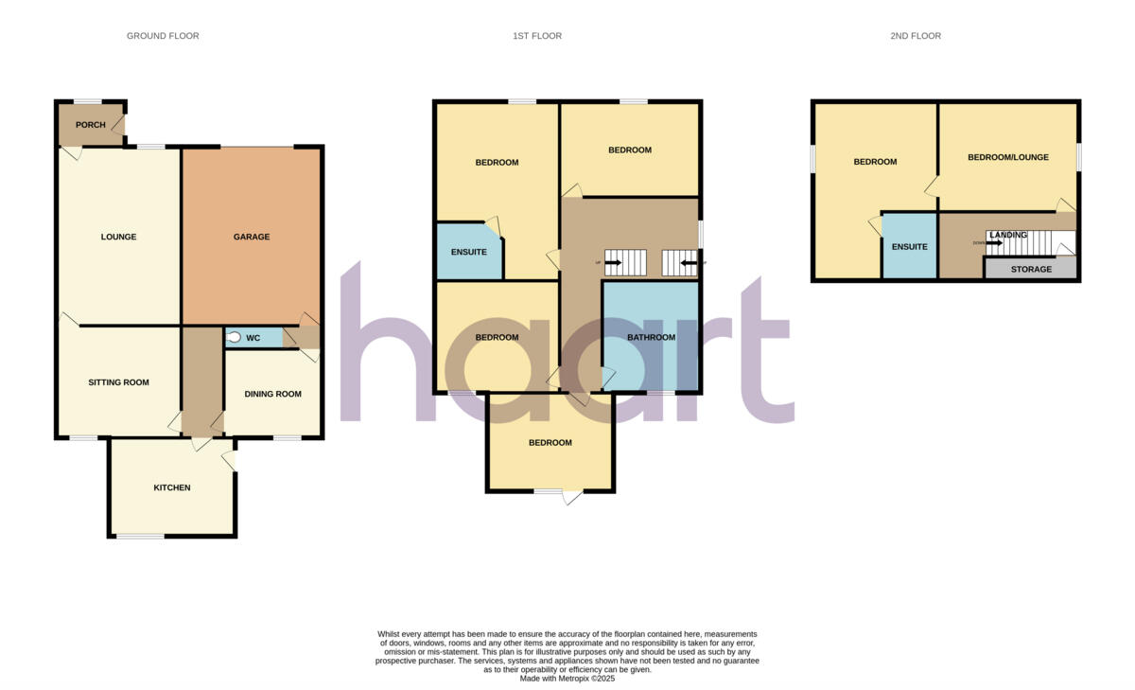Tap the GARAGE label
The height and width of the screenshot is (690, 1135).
pyautogui.click(x=252, y=237)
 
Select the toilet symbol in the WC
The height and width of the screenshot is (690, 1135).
pyautogui.click(x=234, y=337)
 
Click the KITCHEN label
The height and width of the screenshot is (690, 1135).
pyautogui.click(x=172, y=488)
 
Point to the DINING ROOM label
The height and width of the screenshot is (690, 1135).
pyautogui.click(x=272, y=394)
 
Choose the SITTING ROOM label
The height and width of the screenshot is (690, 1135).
pyautogui.click(x=119, y=382)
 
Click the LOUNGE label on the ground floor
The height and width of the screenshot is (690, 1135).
pyautogui.click(x=119, y=237)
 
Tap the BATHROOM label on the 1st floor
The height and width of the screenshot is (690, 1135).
pyautogui.click(x=652, y=338)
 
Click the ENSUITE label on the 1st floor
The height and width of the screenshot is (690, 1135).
pyautogui.click(x=468, y=252)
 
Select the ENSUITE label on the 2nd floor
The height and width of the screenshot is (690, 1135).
pyautogui.click(x=909, y=246)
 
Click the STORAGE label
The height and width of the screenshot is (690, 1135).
pyautogui.click(x=1031, y=270)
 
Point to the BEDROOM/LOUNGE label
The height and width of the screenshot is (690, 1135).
pyautogui.click(x=1008, y=157)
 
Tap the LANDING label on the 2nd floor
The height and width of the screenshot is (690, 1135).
pyautogui.click(x=1008, y=235)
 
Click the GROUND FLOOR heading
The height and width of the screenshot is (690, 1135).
pyautogui.click(x=163, y=36)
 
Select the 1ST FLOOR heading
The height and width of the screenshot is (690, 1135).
pyautogui.click(x=537, y=36)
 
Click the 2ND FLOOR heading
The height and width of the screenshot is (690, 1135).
pyautogui.click(x=916, y=36)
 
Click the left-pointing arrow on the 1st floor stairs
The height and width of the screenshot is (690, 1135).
pyautogui.click(x=688, y=262)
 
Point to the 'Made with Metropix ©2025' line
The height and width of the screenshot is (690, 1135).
pyautogui.click(x=567, y=678)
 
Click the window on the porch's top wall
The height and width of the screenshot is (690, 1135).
pyautogui.click(x=89, y=101)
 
